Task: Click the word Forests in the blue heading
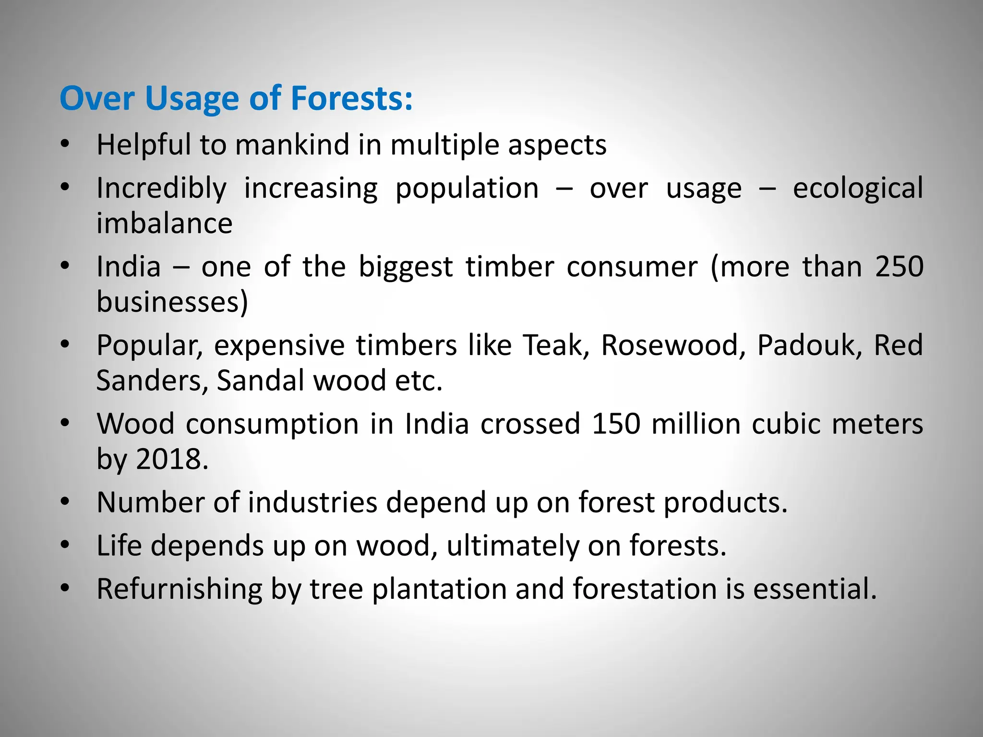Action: [351, 98]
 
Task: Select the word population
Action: [467, 189]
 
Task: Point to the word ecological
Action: [858, 189]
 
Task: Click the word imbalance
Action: [165, 223]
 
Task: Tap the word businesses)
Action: [172, 302]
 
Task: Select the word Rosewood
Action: [673, 345]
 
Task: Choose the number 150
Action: [616, 424]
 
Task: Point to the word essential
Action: [814, 589]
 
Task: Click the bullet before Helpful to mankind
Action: [65, 144]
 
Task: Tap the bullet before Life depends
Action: [65, 546]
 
